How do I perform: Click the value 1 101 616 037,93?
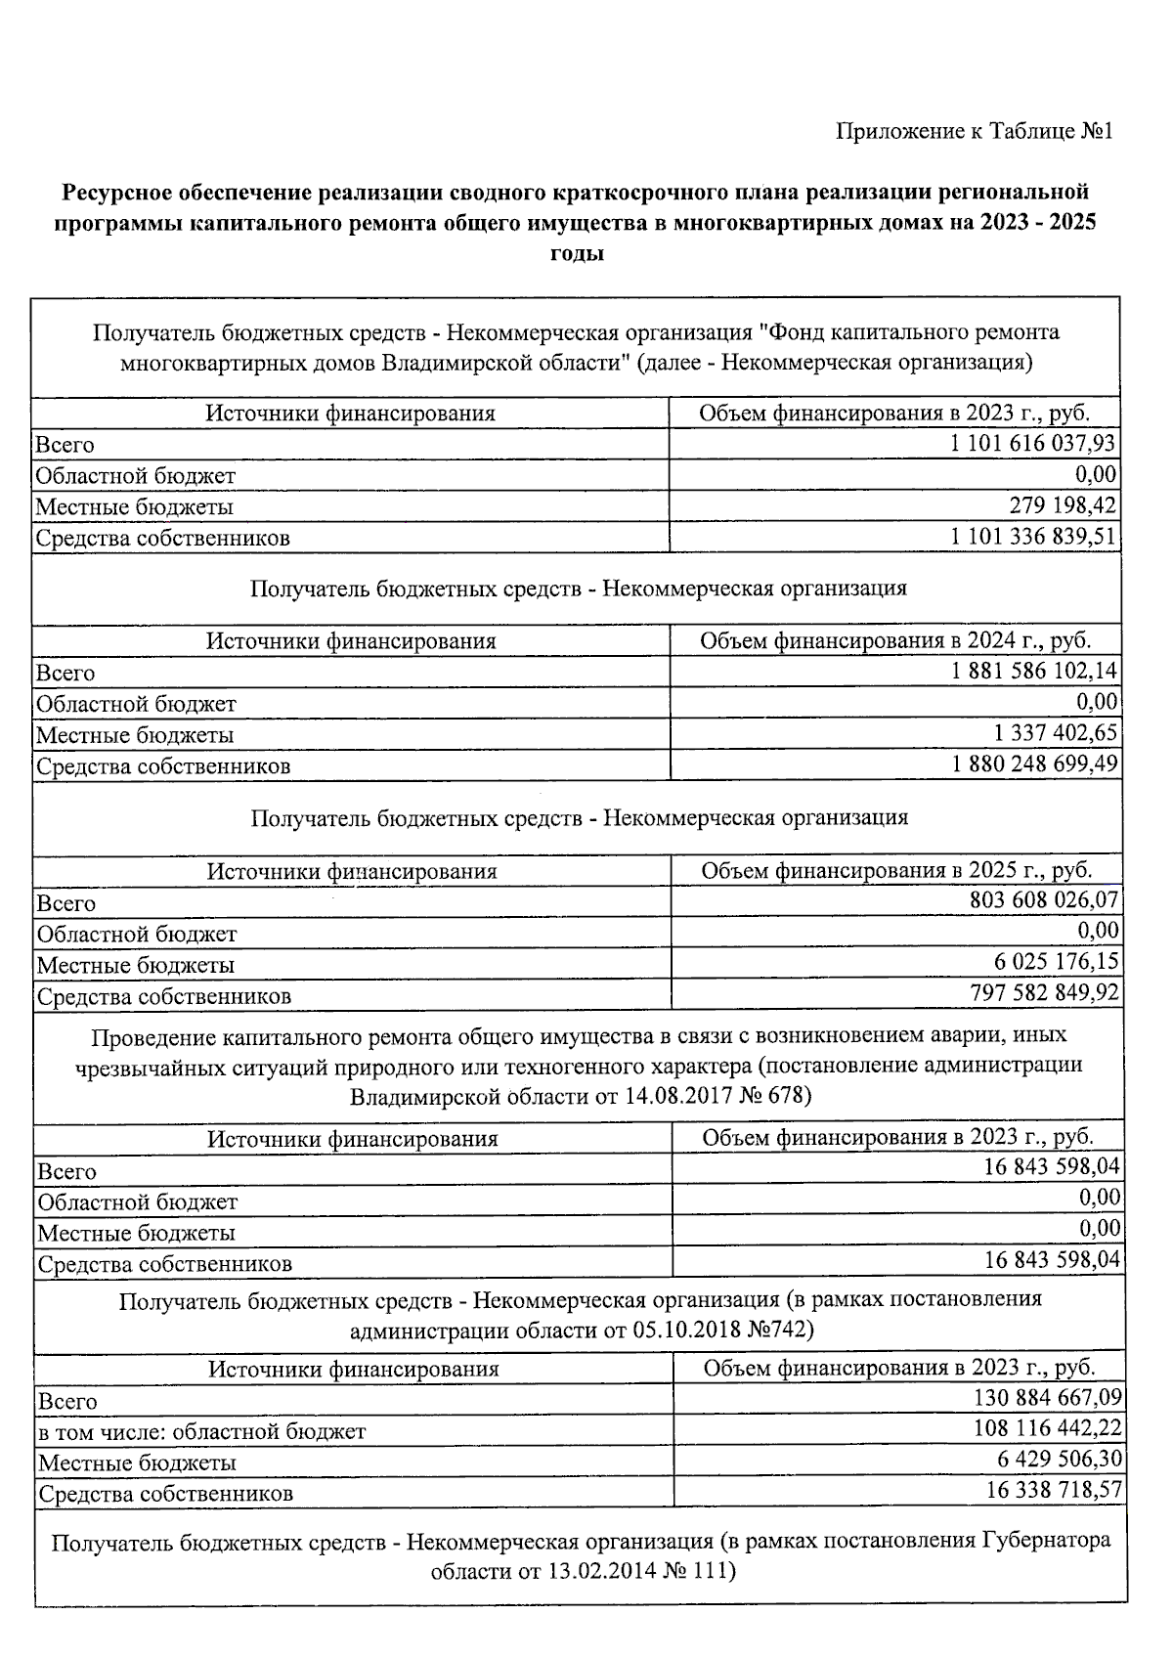pos(1031,444)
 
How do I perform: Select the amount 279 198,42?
pos(1062,505)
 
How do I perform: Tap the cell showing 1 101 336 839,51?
pos(1032,537)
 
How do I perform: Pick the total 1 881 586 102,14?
pos(1034,671)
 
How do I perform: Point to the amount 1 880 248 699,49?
pos(1034,764)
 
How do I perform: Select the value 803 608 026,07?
pos(1044,899)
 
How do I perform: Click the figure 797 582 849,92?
pos(1044,993)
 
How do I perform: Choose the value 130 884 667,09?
pos(1047,1398)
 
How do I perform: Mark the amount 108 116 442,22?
pos(1047,1428)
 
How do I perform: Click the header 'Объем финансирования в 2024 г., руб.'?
pos(895,640)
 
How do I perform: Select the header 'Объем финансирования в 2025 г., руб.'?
pos(896,870)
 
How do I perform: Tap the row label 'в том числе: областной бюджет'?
pos(201,1432)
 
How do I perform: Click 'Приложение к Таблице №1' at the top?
pos(974,131)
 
